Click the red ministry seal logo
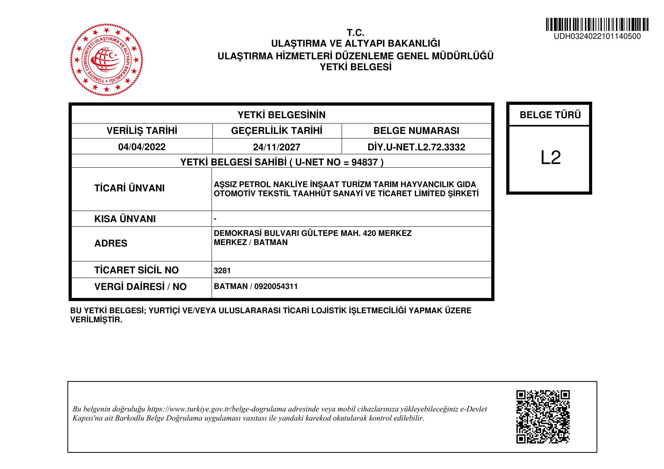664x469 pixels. click(106, 60)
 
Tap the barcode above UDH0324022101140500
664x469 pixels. click(597, 25)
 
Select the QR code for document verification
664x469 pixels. click(543, 417)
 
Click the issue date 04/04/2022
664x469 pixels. click(142, 147)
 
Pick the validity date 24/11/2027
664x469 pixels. click(277, 147)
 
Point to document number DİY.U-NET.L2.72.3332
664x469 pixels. click(416, 147)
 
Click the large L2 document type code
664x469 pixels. click(551, 157)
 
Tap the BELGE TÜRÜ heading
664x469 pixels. click(550, 115)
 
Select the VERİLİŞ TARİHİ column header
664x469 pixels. click(142, 131)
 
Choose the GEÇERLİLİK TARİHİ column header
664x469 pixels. click(277, 131)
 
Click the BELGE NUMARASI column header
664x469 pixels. click(416, 131)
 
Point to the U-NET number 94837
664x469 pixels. click(365, 162)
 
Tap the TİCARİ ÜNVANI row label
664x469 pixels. click(129, 188)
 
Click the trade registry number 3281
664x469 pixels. click(222, 270)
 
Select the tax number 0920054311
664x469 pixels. click(276, 286)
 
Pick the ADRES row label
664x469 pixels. click(111, 243)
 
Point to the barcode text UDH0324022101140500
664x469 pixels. click(597, 36)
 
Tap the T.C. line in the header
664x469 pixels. click(355, 32)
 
